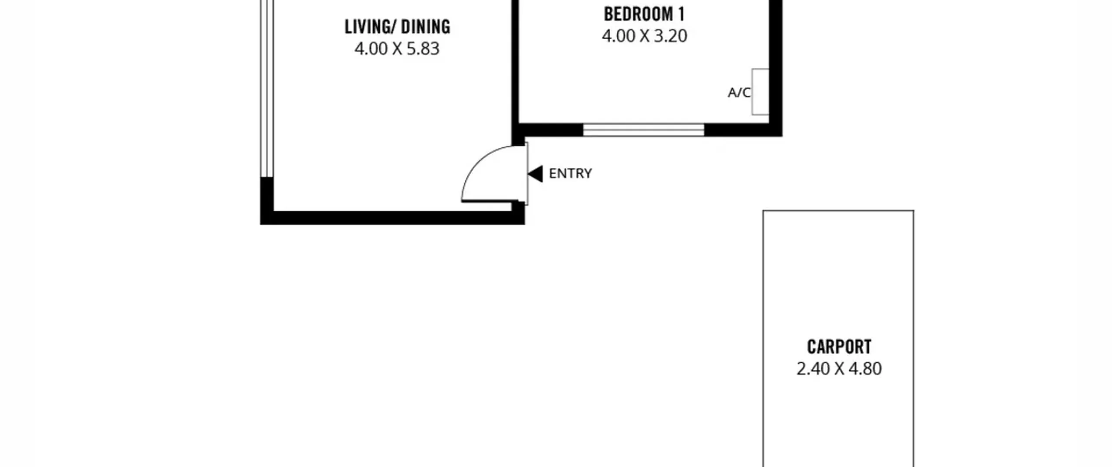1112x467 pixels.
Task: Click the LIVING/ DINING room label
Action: click(397, 27)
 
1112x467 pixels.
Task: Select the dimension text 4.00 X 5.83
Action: click(397, 49)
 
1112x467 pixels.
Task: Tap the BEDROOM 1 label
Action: click(644, 14)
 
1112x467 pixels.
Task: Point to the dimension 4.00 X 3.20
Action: click(645, 36)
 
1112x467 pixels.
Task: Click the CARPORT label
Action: click(839, 347)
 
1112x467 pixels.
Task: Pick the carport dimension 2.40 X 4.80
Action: click(839, 369)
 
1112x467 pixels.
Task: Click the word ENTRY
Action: click(570, 174)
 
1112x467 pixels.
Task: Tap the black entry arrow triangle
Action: click(535, 174)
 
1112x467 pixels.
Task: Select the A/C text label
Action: click(739, 93)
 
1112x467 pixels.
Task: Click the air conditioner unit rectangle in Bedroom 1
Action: click(760, 92)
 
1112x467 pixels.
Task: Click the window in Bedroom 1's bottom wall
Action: click(643, 130)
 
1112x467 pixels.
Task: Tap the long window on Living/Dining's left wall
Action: click(267, 89)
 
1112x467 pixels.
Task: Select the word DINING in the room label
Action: click(426, 27)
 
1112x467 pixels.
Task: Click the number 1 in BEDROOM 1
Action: click(681, 14)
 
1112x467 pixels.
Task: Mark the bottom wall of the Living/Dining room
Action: click(392, 218)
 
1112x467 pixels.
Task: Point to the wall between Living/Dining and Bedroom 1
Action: click(515, 73)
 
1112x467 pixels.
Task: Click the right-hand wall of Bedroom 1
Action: click(776, 68)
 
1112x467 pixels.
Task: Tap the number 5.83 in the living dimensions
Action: click(423, 49)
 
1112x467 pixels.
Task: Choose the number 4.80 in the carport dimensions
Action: click(865, 369)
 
